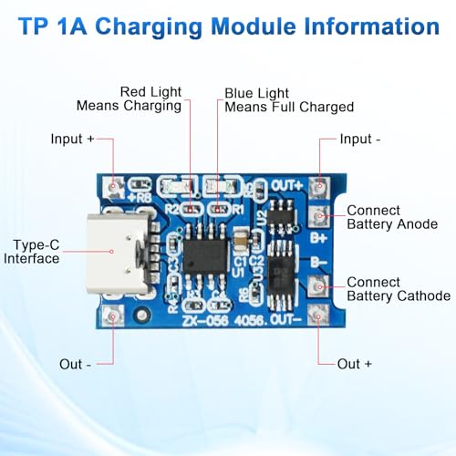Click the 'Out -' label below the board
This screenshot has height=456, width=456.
click(76, 364)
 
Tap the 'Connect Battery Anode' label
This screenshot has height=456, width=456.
click(392, 217)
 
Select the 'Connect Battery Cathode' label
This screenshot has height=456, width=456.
click(398, 289)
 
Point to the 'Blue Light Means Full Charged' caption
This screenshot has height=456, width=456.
click(288, 99)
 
